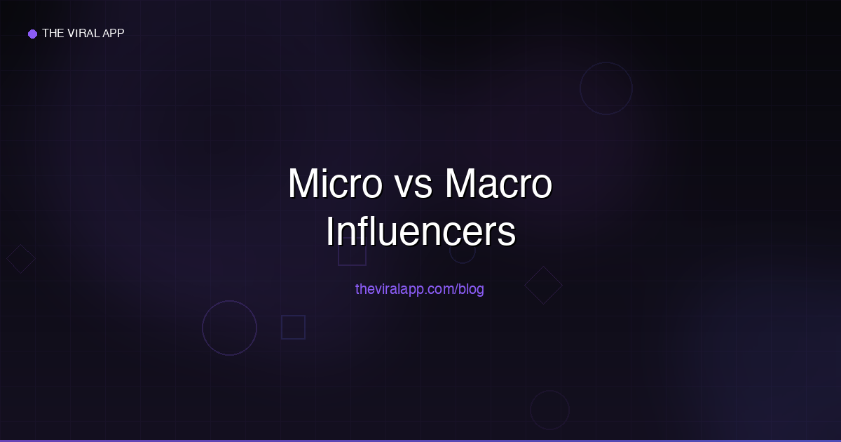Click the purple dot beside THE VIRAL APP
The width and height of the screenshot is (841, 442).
32,34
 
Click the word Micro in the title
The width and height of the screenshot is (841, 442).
334,185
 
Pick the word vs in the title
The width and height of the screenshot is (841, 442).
412,185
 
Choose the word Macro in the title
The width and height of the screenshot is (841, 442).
498,185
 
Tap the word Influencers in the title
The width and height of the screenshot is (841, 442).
420,233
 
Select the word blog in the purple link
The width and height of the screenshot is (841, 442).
471,289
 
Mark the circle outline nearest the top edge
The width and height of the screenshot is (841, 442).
606,88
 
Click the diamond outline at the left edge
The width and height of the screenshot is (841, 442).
21,258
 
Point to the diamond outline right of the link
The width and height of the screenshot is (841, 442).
543,285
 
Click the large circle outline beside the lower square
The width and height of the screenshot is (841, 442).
229,328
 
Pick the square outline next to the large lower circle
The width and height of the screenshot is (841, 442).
293,327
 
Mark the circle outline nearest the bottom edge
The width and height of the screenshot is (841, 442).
549,410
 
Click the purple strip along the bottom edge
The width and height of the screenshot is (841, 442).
420,440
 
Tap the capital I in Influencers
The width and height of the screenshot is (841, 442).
331,233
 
